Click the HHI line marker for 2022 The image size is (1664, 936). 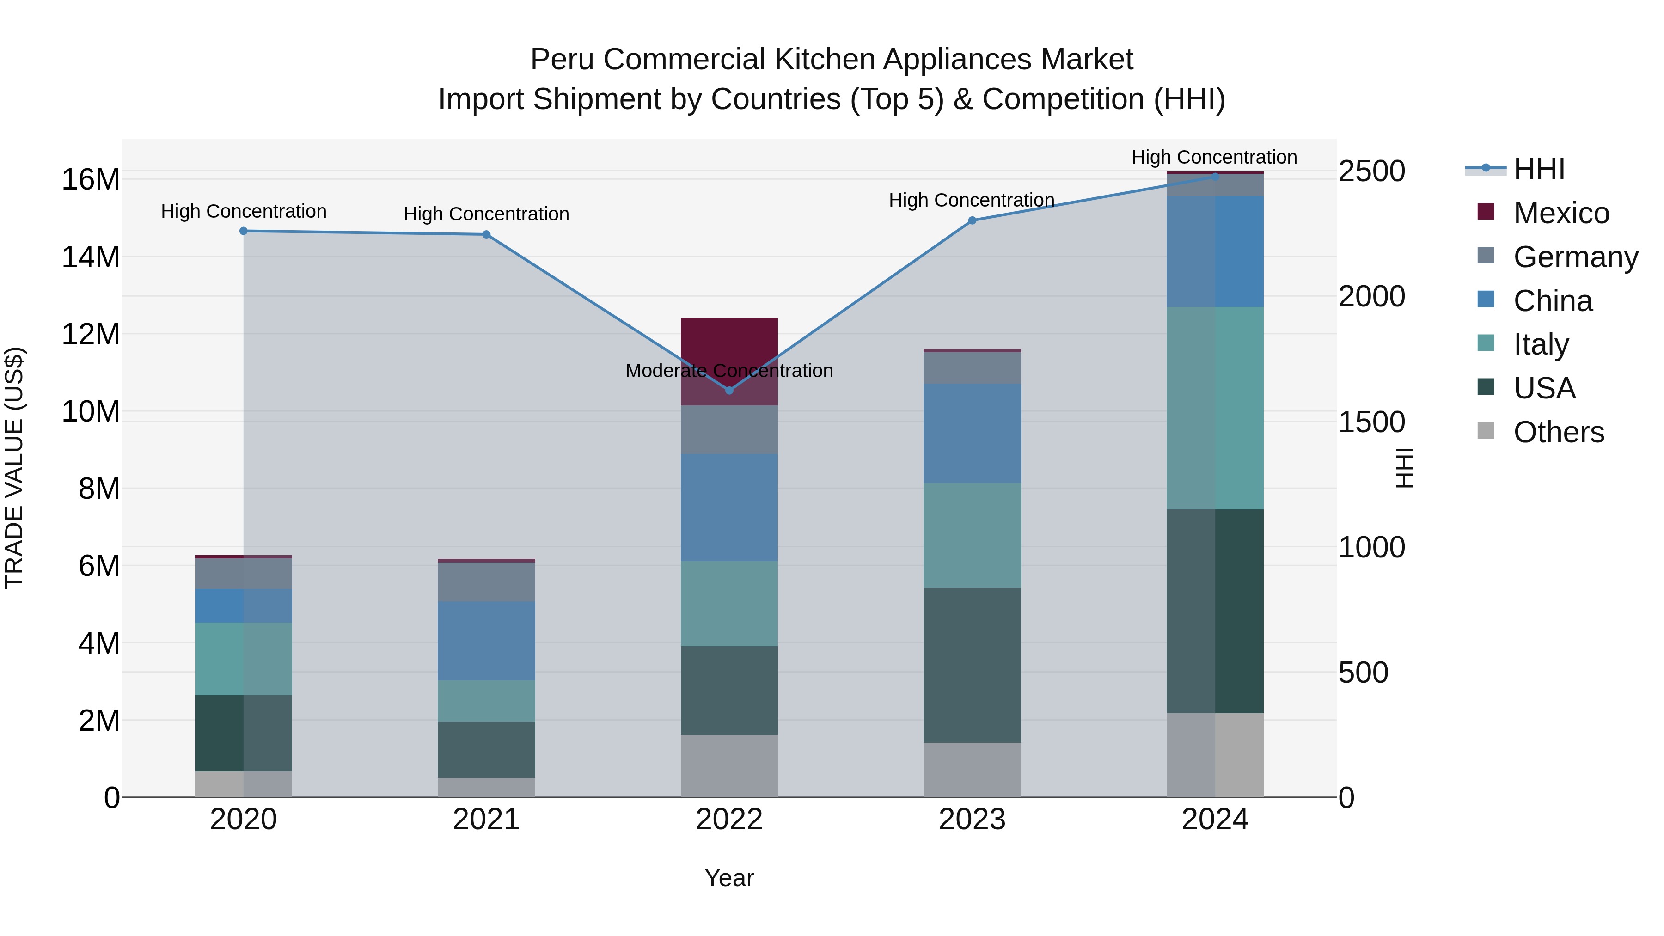[x=729, y=390]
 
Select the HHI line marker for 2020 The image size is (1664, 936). [x=244, y=231]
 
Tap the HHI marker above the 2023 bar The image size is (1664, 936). [x=972, y=220]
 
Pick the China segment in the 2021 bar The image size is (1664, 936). [x=486, y=641]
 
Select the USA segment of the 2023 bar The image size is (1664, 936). [x=972, y=665]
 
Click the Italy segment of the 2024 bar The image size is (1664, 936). [x=1215, y=408]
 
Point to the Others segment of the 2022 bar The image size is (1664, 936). [x=729, y=765]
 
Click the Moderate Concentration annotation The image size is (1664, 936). [x=729, y=371]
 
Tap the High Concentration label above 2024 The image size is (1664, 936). [x=1214, y=157]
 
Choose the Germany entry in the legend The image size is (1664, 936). [x=1576, y=257]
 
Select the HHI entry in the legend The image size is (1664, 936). [x=1539, y=169]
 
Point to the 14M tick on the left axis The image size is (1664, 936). [x=91, y=257]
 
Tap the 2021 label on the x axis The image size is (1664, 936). [x=486, y=820]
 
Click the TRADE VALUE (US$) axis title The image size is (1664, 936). [x=14, y=468]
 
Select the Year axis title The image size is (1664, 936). [x=729, y=878]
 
